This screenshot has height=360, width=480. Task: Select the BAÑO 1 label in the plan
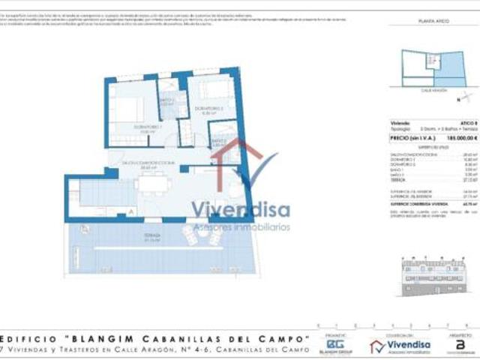click(168, 101)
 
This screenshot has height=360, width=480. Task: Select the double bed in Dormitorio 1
click(124, 109)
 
